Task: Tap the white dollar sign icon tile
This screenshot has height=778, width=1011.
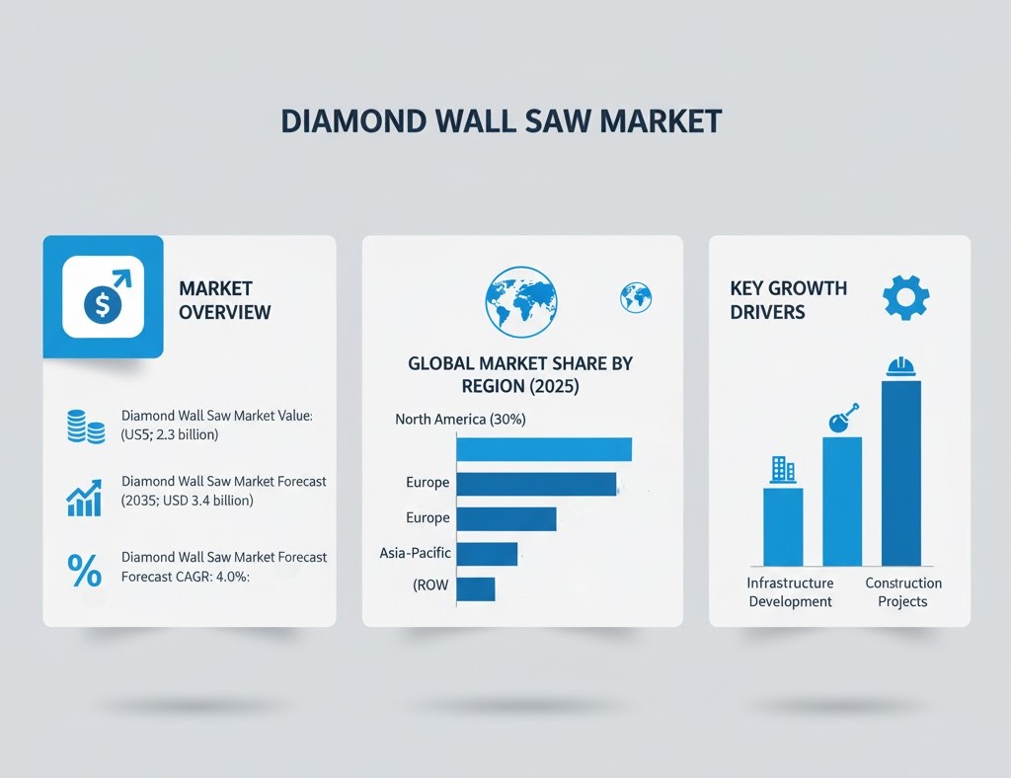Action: click(103, 297)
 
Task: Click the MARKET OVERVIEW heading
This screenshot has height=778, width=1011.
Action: click(224, 300)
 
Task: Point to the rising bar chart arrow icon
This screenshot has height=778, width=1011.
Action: click(85, 499)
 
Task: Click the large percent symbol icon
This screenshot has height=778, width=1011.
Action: click(84, 571)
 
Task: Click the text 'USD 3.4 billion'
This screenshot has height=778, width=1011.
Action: click(206, 501)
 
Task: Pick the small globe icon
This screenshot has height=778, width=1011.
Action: click(635, 296)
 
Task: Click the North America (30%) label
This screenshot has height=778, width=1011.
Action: click(460, 420)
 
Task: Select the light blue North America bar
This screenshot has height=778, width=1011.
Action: click(543, 449)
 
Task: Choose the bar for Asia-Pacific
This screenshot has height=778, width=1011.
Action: click(487, 554)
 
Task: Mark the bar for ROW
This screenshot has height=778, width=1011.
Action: click(475, 589)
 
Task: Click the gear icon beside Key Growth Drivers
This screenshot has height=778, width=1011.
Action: click(904, 296)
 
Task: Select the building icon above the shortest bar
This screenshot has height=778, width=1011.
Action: click(783, 469)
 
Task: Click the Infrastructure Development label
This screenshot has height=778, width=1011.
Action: click(790, 592)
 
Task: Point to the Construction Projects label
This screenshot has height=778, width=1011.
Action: click(903, 592)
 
